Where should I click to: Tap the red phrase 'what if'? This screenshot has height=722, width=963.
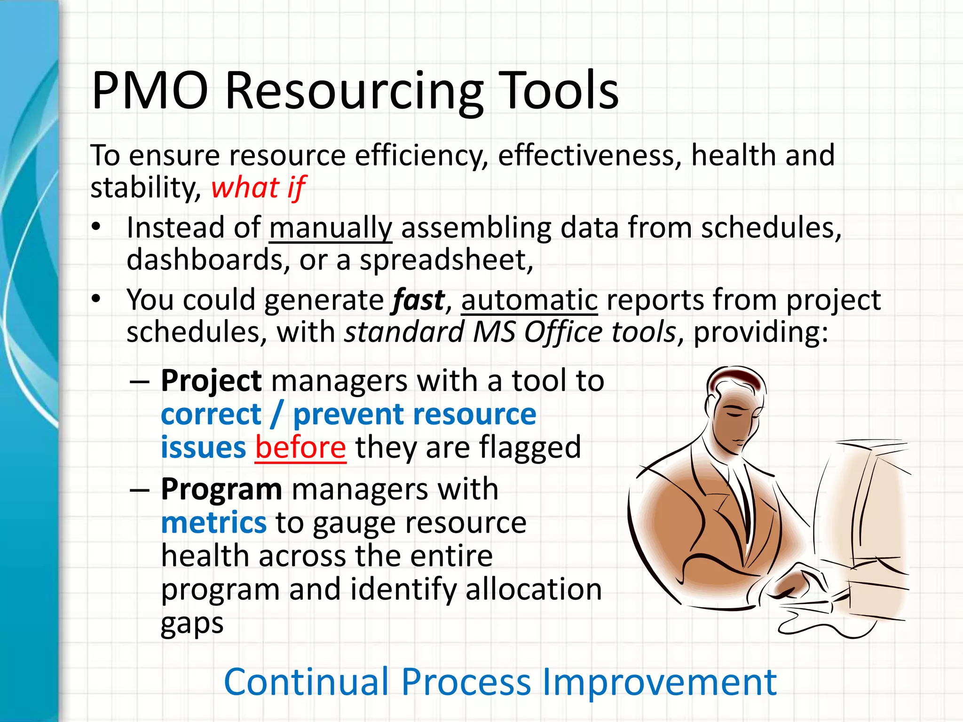pyautogui.click(x=259, y=188)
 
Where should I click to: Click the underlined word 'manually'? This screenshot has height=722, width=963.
pyautogui.click(x=331, y=229)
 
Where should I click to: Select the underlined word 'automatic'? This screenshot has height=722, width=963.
pyautogui.click(x=529, y=300)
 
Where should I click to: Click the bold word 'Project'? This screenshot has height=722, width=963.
pyautogui.click(x=211, y=381)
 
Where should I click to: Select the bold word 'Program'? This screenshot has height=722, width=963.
pyautogui.click(x=221, y=490)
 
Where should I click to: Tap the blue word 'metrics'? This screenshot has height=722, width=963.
pyautogui.click(x=214, y=523)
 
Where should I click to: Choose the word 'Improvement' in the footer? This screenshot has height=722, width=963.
pyautogui.click(x=659, y=683)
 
